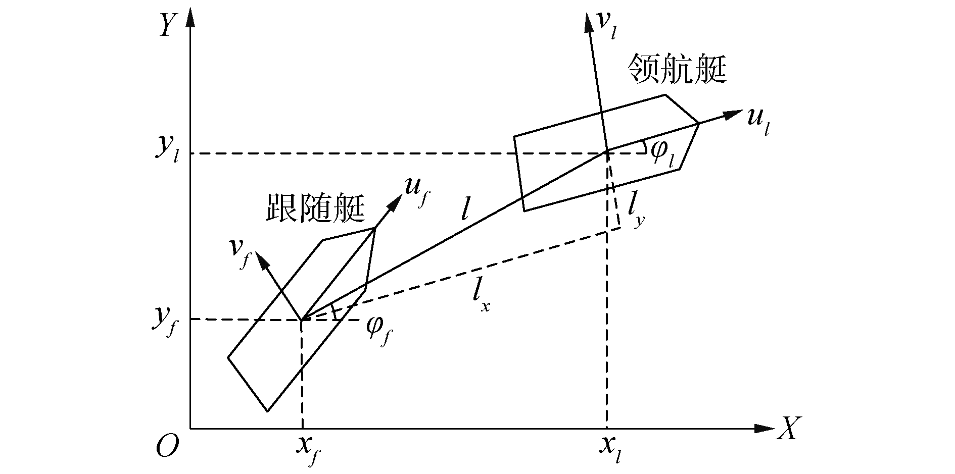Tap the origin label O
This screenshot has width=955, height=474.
click(167, 447)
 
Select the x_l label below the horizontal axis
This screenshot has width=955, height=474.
click(611, 448)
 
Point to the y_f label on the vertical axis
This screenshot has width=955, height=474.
click(165, 319)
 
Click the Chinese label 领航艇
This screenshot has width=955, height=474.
click(677, 69)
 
